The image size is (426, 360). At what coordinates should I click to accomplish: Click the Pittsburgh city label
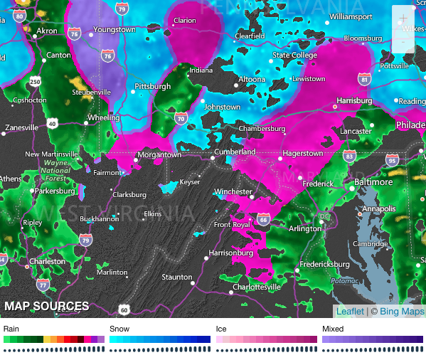pos(153,86)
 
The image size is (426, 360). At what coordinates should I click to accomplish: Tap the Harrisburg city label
pos(355,100)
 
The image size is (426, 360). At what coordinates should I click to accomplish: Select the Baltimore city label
pos(373,182)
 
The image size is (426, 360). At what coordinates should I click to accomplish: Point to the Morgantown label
pos(159,154)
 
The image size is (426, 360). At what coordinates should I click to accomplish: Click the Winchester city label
pos(233,191)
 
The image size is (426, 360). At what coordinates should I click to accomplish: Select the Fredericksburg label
pos(325,263)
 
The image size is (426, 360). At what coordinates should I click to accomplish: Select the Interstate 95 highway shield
pos(392,162)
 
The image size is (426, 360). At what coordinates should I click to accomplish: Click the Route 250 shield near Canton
pos(35,83)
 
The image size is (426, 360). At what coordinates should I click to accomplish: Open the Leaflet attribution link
pos(349,312)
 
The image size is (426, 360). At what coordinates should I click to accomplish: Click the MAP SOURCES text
pos(47,307)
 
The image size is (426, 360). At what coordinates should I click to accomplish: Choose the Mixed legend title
pos(333,329)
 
